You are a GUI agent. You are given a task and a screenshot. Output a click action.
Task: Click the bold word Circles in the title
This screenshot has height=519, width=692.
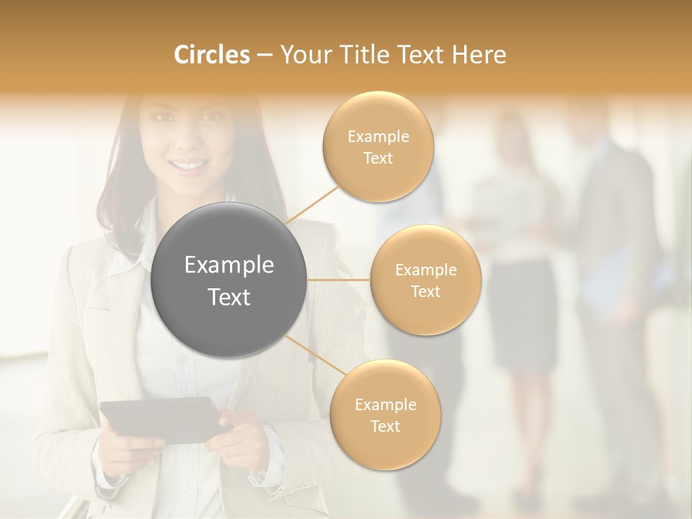click(x=212, y=55)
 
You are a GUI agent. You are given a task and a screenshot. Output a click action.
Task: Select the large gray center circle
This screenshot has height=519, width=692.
click(x=229, y=280)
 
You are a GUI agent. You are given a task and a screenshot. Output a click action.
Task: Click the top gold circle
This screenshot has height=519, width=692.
click(x=378, y=146)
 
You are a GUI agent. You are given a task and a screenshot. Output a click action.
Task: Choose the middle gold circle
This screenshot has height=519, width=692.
click(x=425, y=280)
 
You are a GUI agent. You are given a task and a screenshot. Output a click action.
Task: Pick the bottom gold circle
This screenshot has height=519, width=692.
click(x=385, y=414)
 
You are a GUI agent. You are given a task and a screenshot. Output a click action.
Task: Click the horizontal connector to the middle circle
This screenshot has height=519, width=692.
click(x=338, y=280)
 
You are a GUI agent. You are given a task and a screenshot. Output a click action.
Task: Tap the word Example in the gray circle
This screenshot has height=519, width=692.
click(x=229, y=265)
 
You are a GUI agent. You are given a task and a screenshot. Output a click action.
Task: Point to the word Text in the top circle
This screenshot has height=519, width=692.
click(x=378, y=158)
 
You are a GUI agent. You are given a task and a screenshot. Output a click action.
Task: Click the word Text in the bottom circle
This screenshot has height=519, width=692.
click(x=385, y=426)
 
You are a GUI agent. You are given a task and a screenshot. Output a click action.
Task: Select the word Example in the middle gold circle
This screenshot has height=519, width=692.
click(x=425, y=270)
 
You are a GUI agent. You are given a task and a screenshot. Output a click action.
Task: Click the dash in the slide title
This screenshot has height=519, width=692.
click(x=264, y=56)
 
